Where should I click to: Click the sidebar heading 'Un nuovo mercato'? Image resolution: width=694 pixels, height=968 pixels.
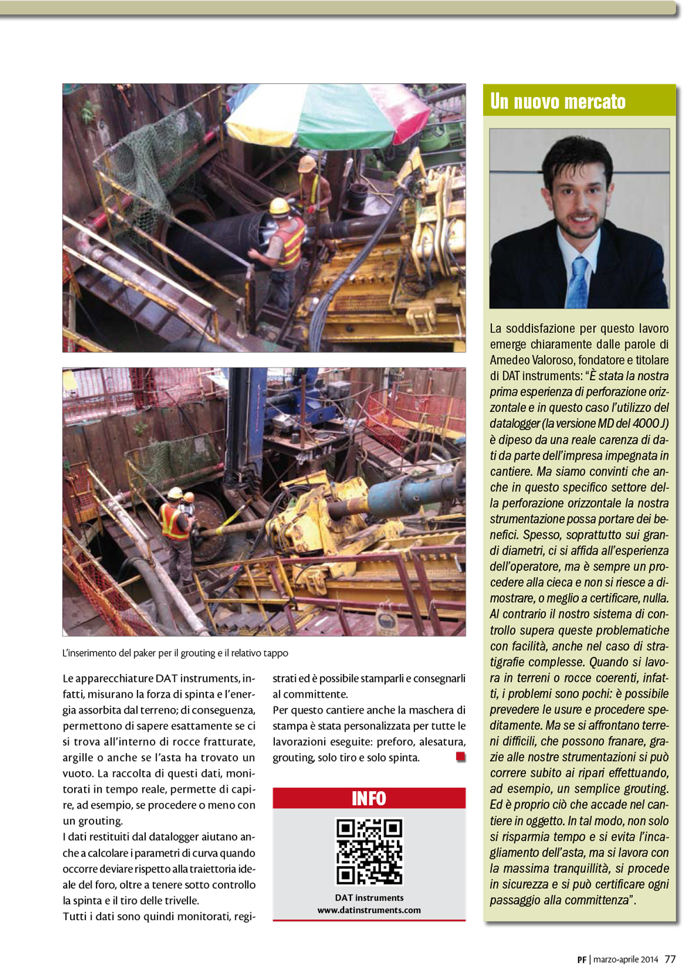pyautogui.click(x=557, y=102)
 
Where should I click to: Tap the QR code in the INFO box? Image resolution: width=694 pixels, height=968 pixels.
pyautogui.click(x=369, y=852)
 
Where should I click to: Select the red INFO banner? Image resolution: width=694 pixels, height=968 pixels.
pyautogui.click(x=369, y=798)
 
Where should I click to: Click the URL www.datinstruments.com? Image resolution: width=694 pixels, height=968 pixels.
pyautogui.click(x=369, y=910)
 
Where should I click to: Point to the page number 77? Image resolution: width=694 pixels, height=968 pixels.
pyautogui.click(x=670, y=959)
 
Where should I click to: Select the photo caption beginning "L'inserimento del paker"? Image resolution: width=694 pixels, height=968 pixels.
pyautogui.click(x=175, y=652)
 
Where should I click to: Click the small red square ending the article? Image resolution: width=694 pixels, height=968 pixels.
pyautogui.click(x=460, y=757)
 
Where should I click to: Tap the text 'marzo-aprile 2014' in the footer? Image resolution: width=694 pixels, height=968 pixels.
pyautogui.click(x=625, y=960)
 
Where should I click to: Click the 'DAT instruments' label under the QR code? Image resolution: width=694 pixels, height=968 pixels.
pyautogui.click(x=369, y=897)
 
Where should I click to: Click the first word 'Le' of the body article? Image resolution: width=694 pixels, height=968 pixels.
pyautogui.click(x=68, y=678)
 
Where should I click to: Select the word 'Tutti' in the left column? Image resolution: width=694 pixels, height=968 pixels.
pyautogui.click(x=75, y=916)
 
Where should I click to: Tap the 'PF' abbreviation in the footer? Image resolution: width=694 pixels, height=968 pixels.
pyautogui.click(x=582, y=960)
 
